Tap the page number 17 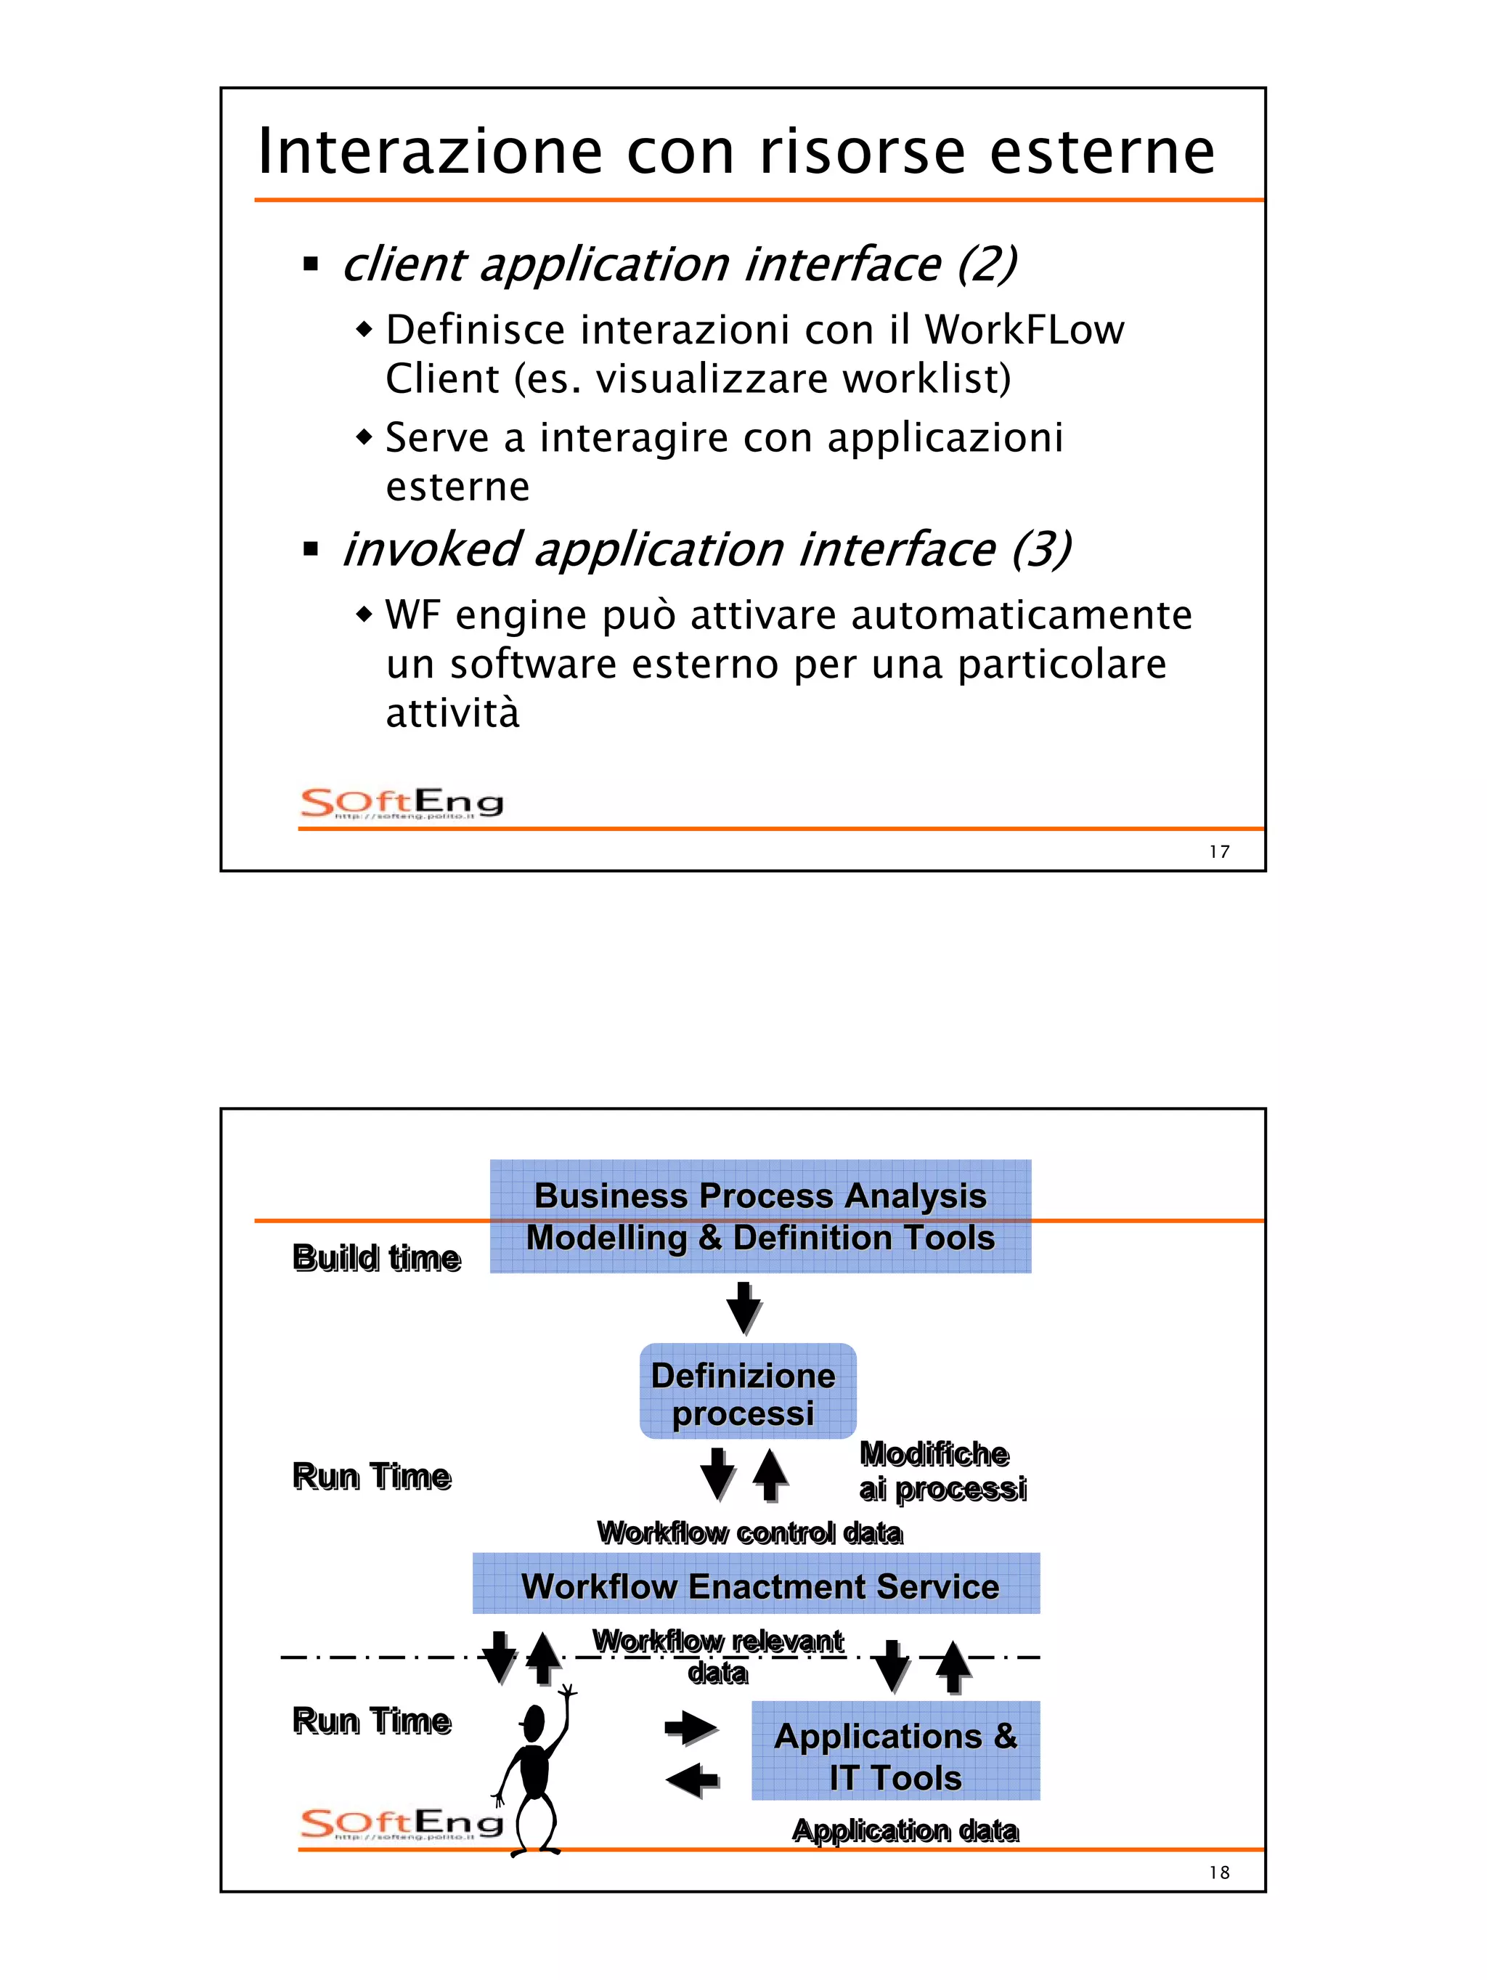[1218, 852]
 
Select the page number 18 [1218, 1873]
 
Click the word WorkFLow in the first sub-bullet [1024, 330]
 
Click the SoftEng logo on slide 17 [402, 803]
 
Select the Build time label [377, 1257]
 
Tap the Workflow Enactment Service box [756, 1587]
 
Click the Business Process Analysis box [759, 1216]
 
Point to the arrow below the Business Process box [743, 1307]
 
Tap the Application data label [905, 1830]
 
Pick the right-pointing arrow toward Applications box [690, 1727]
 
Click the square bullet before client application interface [311, 264]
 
